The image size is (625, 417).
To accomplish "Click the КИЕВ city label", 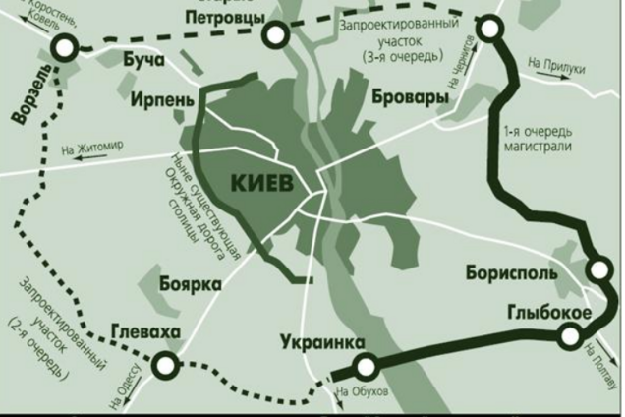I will click(262, 183).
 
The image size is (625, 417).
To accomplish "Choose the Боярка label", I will click(190, 284).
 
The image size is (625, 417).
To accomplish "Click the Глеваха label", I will click(146, 332).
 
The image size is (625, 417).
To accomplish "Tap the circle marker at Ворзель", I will click(66, 45).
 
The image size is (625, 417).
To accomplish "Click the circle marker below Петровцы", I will click(277, 36).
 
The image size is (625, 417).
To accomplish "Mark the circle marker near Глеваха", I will click(166, 367).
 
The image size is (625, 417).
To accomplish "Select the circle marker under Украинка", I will click(366, 368).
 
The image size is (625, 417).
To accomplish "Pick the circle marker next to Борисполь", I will click(598, 269).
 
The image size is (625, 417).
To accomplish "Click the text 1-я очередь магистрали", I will click(537, 139).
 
